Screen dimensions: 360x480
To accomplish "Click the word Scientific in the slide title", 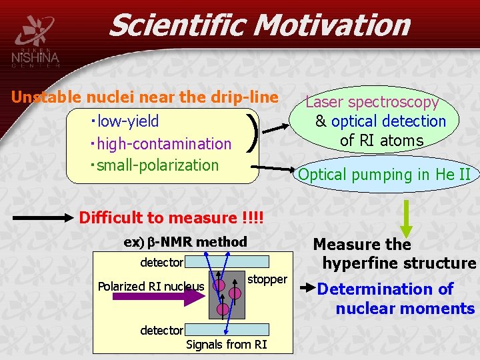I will tap(177, 25).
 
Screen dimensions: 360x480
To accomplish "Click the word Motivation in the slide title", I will tap(332, 25).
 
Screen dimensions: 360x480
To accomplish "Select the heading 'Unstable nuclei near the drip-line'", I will tap(145, 97).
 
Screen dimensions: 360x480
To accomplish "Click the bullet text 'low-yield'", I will tap(127, 121).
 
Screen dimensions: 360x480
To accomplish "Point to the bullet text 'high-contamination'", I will tap(163, 143).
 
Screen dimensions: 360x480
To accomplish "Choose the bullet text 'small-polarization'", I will tap(156, 165).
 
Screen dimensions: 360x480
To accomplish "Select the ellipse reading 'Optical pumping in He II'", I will tap(385, 175).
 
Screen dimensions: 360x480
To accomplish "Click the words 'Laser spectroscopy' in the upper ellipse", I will tap(372, 102).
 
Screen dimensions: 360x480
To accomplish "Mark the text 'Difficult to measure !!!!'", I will tap(171, 218).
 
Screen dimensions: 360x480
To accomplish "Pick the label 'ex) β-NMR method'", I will tap(185, 242).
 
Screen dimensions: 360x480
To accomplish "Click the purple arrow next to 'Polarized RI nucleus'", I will tap(193, 287).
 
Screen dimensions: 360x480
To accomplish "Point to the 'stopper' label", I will tap(267, 279).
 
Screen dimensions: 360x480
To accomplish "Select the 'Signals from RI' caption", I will tap(226, 344).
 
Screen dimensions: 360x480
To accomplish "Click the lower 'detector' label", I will tap(161, 330).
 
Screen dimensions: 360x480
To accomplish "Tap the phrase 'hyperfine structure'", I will tap(399, 263).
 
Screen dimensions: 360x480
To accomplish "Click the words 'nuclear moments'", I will tap(405, 309).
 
